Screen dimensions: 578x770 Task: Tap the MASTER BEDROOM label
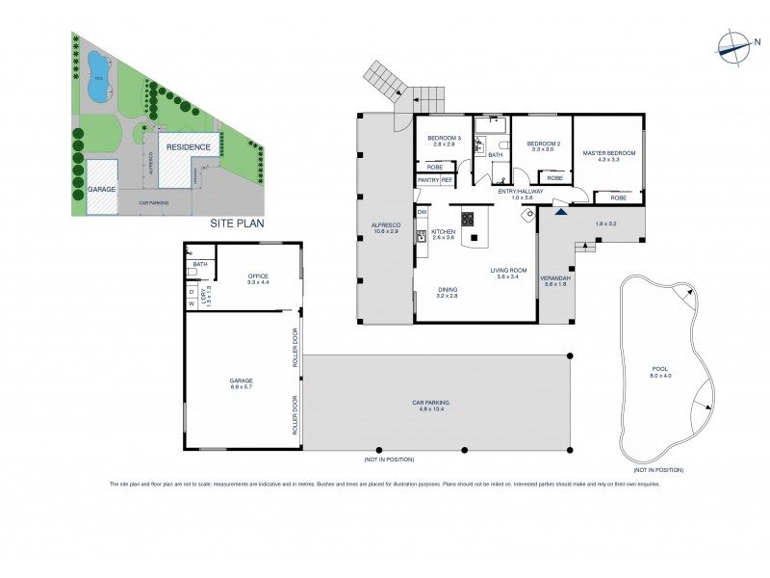tap(608, 153)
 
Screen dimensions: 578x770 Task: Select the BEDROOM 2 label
tap(542, 144)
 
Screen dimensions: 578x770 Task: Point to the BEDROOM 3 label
tap(446, 140)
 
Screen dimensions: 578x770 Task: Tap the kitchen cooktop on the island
tap(469, 219)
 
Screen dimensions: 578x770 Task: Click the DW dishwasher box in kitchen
tap(422, 212)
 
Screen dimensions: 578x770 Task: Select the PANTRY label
tap(427, 180)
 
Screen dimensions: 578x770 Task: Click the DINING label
tap(446, 290)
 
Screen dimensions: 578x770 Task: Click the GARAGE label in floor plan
tap(241, 381)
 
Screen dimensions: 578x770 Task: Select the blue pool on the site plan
tap(97, 75)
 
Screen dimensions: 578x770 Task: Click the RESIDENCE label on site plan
tap(189, 147)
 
